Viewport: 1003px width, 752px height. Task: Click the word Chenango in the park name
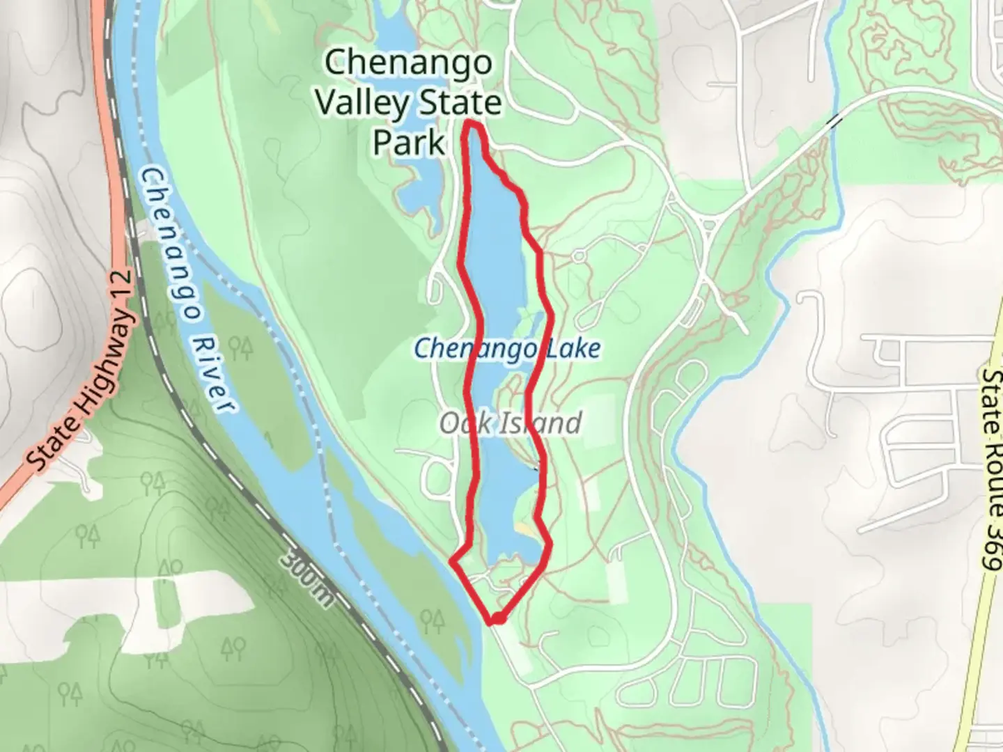tap(408, 63)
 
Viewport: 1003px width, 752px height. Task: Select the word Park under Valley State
tap(408, 143)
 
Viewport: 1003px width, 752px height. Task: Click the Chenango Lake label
tap(506, 347)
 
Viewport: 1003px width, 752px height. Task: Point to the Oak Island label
tap(511, 423)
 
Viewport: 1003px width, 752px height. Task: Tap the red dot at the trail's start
tap(497, 618)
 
